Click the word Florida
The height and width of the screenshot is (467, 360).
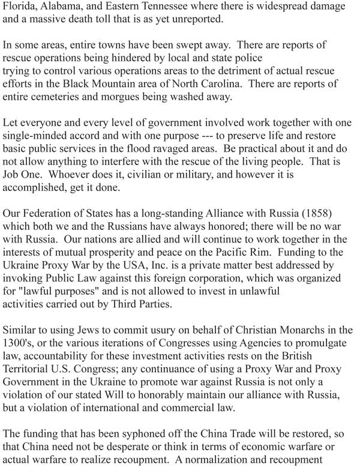click(22, 7)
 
